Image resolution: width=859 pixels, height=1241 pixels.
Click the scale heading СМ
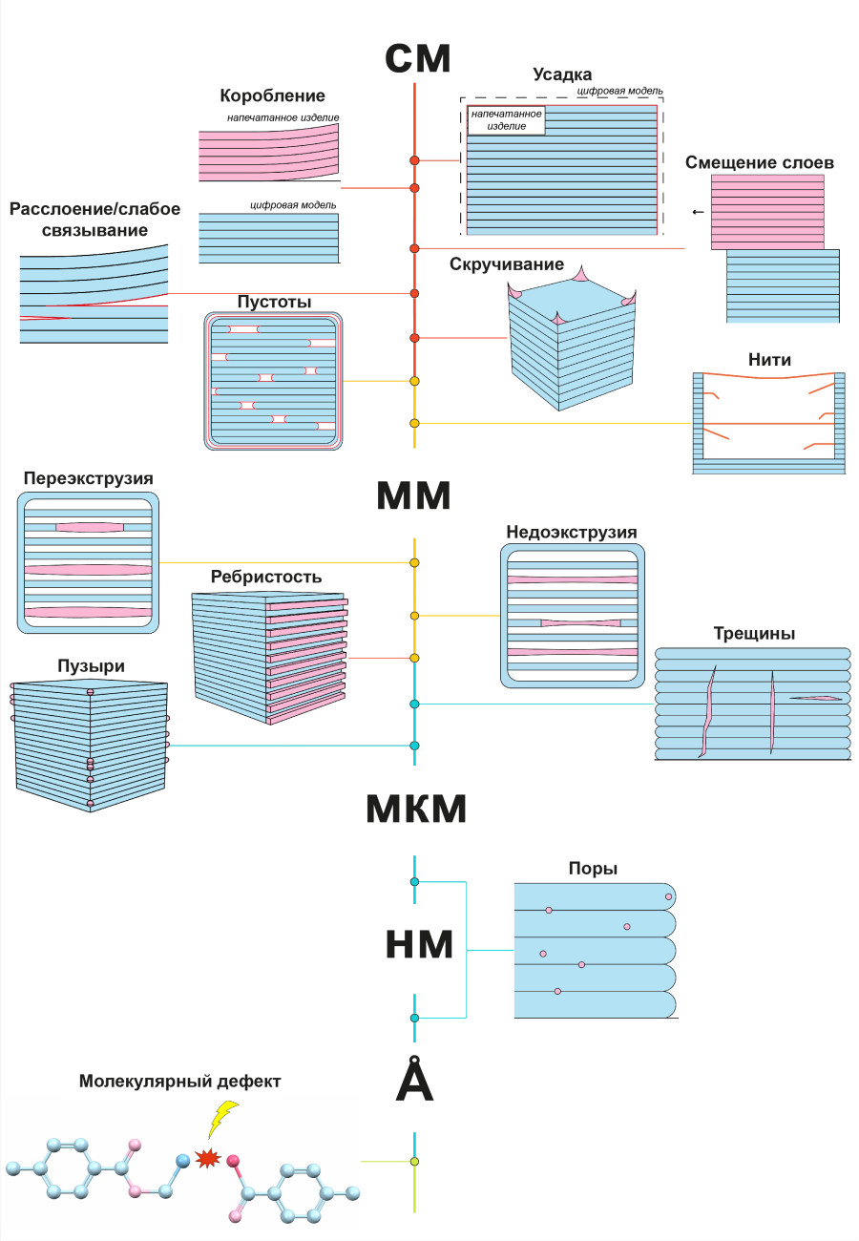(417, 58)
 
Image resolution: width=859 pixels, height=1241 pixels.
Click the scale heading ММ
(414, 496)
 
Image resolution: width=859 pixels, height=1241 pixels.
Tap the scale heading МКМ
(416, 810)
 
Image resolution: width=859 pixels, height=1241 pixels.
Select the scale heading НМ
(418, 943)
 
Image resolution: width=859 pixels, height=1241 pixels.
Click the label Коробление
(272, 95)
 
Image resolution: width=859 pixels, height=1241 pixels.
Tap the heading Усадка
(563, 74)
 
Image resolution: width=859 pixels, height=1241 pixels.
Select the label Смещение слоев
(760, 162)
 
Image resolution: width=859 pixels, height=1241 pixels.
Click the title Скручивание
(507, 264)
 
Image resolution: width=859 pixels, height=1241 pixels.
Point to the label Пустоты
(274, 302)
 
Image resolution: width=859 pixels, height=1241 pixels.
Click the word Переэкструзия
(89, 477)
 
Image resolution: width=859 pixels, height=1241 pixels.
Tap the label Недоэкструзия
(572, 532)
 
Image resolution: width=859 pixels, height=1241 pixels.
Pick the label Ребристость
(266, 577)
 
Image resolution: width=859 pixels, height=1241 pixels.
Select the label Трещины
(754, 633)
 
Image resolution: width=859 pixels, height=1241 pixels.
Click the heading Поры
(593, 869)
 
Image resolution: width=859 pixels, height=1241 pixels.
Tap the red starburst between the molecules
(205, 1158)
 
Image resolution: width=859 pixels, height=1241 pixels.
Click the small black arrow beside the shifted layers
(699, 212)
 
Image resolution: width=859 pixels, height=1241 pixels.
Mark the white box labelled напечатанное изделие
(506, 120)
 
